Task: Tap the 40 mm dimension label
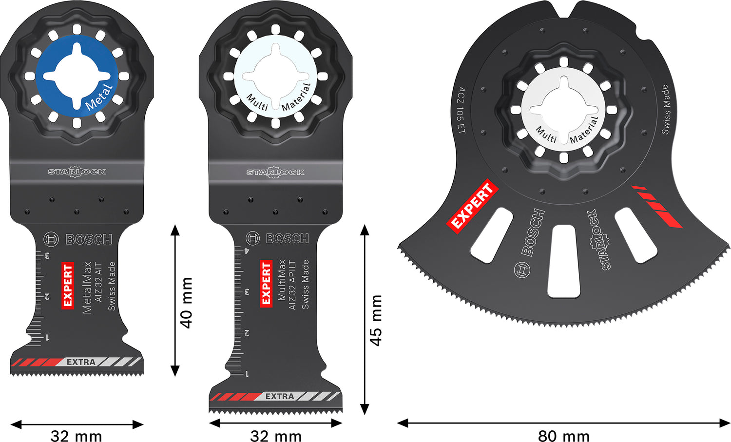pos(186,302)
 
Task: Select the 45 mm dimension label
pos(375,320)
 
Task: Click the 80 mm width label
pos(563,435)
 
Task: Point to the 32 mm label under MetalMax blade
pos(76,435)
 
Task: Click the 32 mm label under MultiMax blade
pos(276,435)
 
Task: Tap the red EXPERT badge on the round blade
pos(472,205)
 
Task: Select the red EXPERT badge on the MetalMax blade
pos(68,286)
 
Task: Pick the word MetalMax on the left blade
pos(87,288)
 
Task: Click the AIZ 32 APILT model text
pos(293,285)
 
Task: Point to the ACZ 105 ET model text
pos(461,110)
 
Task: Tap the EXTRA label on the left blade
pos(81,362)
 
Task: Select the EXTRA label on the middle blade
pos(280,397)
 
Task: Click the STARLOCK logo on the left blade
pos(77,172)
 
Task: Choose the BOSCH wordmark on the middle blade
pos(287,238)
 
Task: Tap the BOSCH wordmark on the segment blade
pos(533,233)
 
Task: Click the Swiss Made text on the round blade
pos(665,109)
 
